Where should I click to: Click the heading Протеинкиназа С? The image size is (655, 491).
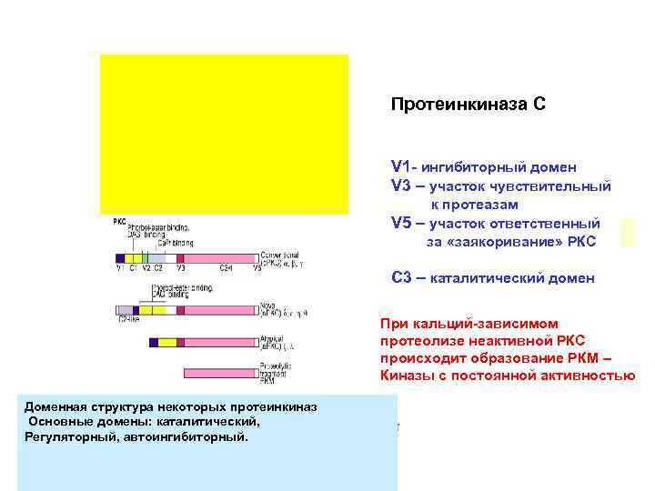(x=468, y=105)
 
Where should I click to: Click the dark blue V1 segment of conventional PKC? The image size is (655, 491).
(x=119, y=259)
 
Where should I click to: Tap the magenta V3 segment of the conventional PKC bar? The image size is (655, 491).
(x=181, y=259)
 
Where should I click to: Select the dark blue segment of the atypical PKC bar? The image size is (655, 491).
(x=153, y=343)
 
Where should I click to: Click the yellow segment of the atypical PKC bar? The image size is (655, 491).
(x=166, y=343)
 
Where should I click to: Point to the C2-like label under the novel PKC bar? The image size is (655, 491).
(x=128, y=320)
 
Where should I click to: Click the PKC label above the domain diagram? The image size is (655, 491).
(x=119, y=221)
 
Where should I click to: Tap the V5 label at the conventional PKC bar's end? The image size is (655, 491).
(x=257, y=269)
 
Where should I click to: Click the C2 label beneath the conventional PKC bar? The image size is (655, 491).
(x=159, y=269)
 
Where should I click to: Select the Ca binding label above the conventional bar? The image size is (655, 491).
(x=176, y=243)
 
